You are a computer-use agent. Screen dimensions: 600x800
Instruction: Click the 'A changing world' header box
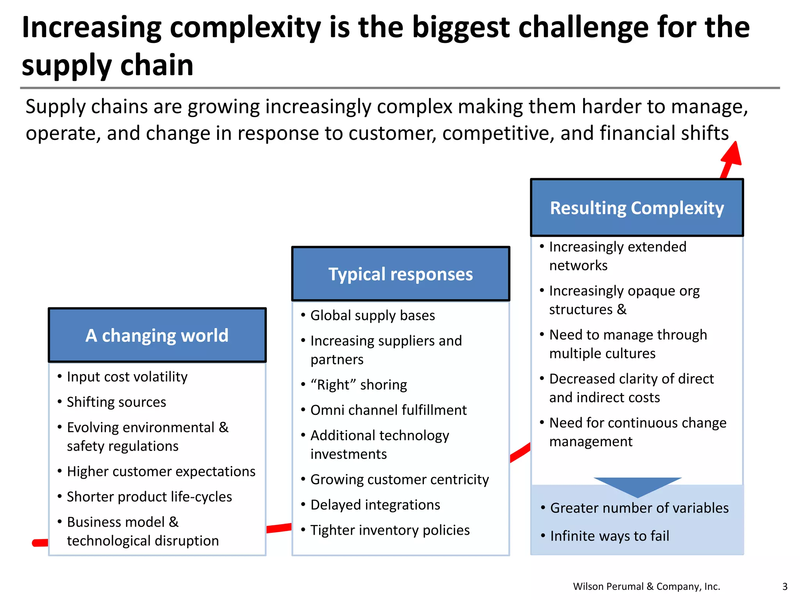(x=157, y=335)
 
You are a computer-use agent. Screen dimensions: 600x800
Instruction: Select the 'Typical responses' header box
(x=400, y=274)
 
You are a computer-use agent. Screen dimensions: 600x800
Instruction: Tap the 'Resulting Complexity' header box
(x=637, y=208)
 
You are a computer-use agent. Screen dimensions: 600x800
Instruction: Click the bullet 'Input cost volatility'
(x=127, y=377)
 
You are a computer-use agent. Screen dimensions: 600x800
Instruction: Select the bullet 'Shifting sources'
(x=116, y=402)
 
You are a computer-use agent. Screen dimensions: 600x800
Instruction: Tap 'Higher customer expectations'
(x=161, y=471)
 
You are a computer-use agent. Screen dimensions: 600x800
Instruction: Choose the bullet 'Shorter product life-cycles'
(x=149, y=497)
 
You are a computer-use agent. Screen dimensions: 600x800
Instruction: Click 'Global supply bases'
(x=372, y=316)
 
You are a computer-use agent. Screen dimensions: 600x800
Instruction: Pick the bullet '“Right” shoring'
(x=358, y=385)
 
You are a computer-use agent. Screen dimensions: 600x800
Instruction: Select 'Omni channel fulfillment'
(x=388, y=411)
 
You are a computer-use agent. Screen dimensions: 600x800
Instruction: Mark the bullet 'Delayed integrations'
(x=375, y=505)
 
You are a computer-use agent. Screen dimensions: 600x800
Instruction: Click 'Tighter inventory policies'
(x=390, y=530)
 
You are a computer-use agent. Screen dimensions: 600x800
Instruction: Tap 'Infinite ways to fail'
(x=609, y=536)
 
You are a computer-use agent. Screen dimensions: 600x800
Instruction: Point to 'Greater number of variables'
(x=639, y=508)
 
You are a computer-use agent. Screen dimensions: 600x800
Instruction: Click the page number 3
(x=785, y=586)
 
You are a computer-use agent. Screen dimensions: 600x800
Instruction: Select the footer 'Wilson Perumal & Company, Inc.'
(x=646, y=586)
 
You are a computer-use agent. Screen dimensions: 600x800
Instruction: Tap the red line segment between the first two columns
(x=279, y=528)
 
